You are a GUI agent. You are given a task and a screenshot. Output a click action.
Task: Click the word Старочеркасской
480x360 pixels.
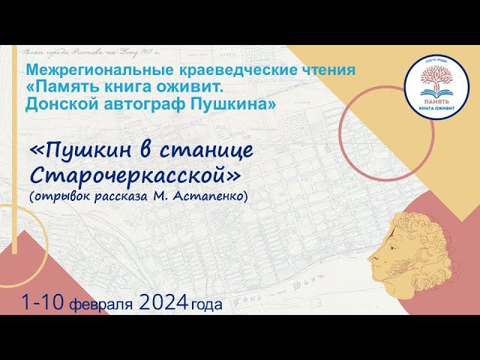136,175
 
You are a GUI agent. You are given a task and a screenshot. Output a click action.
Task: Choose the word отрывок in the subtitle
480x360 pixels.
61,196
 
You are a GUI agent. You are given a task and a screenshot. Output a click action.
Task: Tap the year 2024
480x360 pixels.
163,304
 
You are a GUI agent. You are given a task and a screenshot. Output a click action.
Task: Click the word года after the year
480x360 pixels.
208,305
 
